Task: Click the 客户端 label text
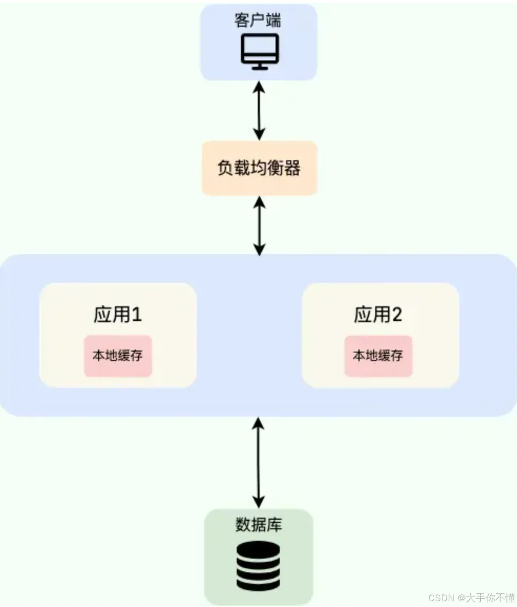(x=258, y=21)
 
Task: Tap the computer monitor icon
(x=259, y=52)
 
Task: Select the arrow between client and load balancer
(x=259, y=110)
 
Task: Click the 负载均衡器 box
(x=259, y=168)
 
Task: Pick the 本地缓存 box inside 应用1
(x=118, y=356)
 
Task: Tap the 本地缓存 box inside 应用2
(x=378, y=356)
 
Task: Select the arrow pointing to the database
(x=258, y=462)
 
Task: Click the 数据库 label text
(x=258, y=524)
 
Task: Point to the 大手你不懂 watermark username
(x=487, y=598)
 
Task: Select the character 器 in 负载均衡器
(x=292, y=168)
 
